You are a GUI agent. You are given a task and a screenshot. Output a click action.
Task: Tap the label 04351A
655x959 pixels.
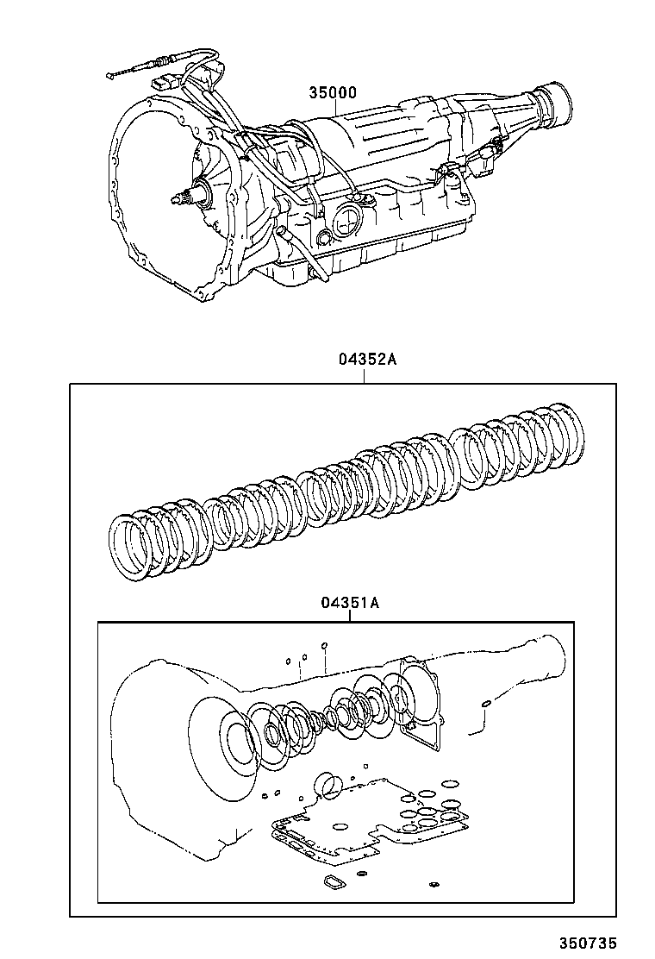[349, 603]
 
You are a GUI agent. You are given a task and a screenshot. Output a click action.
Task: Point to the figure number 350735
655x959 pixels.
[587, 943]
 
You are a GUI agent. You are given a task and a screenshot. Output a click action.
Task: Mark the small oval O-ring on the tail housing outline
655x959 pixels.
[487, 704]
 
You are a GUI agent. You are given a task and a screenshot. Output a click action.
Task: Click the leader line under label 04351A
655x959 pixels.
[349, 615]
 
